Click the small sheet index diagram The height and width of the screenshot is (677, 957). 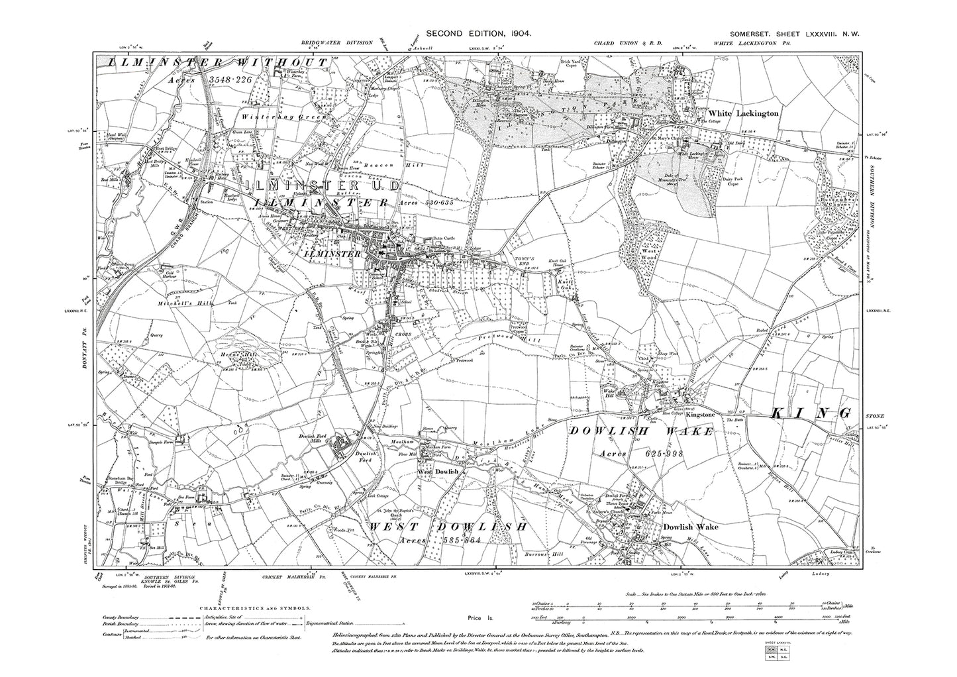coord(772,655)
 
